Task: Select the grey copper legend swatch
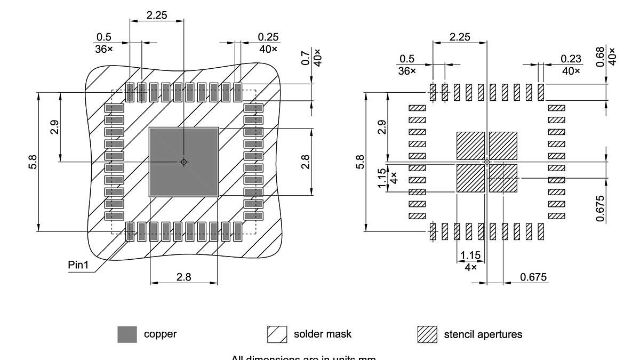coord(127,334)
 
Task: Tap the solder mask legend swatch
coord(277,334)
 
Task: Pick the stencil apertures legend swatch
coord(427,334)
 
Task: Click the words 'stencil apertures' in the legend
coord(483,335)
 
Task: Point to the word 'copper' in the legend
coord(160,334)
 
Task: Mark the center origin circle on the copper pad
coord(183,162)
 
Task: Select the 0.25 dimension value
coord(268,37)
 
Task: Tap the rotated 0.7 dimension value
coord(306,58)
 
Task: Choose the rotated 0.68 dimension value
coord(600,56)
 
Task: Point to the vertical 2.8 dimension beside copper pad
coord(305,162)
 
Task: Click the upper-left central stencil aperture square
coord(470,146)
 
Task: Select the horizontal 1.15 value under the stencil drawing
coord(470,255)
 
